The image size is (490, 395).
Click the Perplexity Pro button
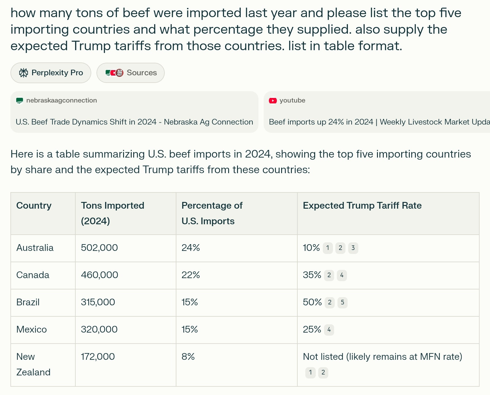click(51, 73)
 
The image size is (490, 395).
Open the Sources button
click(130, 73)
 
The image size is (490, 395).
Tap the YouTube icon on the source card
click(273, 101)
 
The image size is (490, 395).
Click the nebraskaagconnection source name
click(62, 100)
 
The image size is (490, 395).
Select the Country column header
click(34, 206)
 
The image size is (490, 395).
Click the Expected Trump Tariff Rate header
click(362, 206)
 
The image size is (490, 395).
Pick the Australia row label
click(35, 248)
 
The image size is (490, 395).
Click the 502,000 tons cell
click(99, 248)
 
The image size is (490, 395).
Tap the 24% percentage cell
click(190, 248)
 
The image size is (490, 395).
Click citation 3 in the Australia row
click(353, 248)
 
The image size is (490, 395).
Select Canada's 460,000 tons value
click(100, 275)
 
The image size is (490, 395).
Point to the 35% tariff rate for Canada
click(312, 275)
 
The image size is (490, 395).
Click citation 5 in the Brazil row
click(342, 302)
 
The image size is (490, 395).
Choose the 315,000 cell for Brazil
click(98, 302)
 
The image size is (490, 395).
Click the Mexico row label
click(32, 330)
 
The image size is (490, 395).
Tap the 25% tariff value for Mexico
click(312, 330)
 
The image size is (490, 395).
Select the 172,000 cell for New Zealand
click(98, 357)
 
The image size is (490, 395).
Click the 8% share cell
click(188, 357)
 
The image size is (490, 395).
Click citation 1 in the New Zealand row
click(310, 372)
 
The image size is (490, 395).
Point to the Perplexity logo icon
click(24, 73)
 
